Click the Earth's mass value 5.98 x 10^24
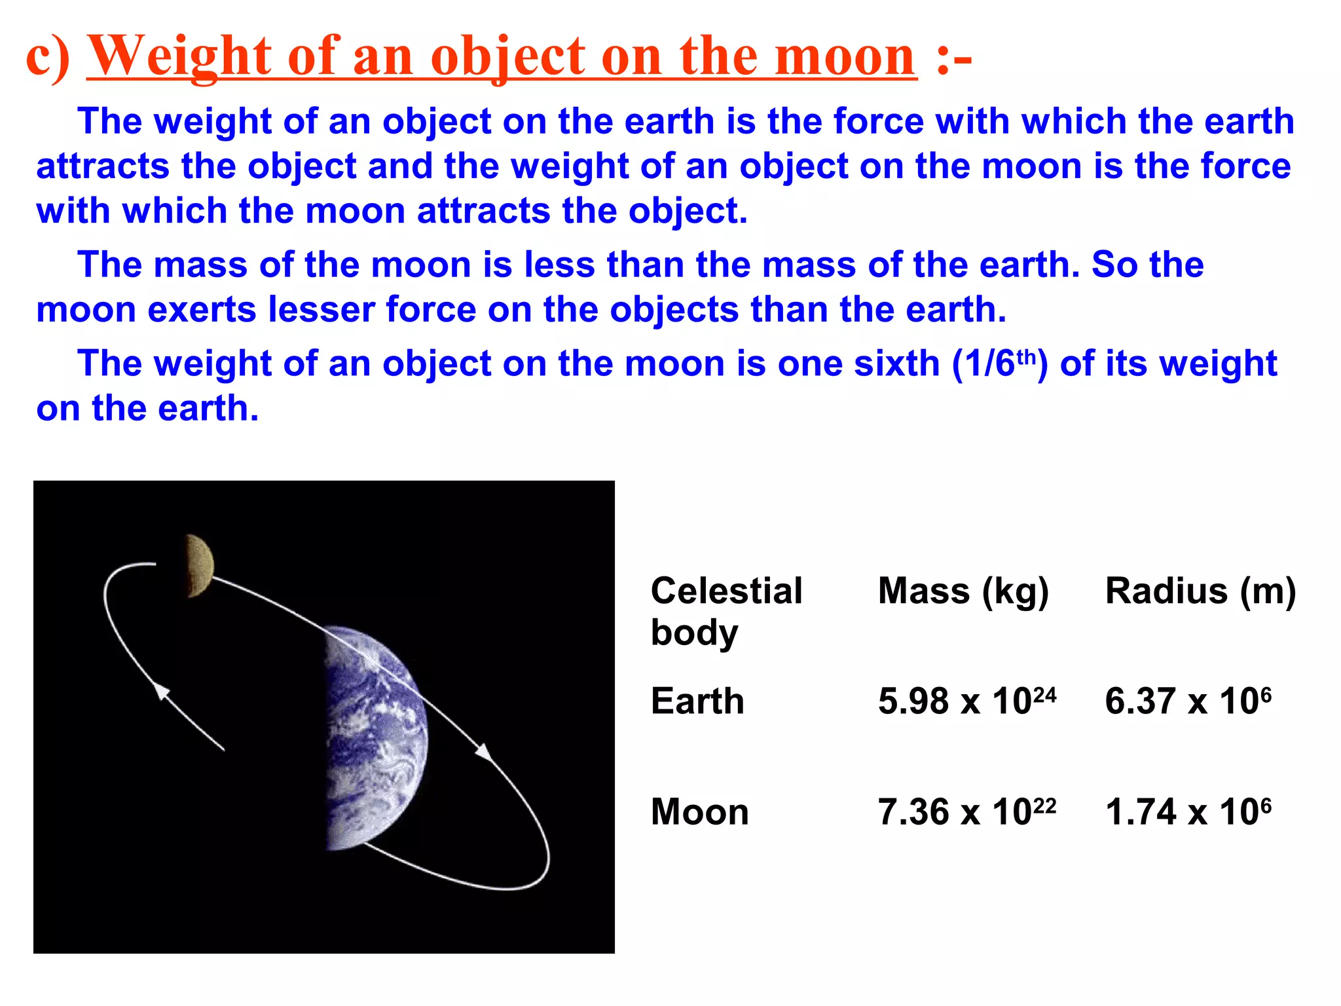pos(966,701)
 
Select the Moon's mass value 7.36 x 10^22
pos(966,812)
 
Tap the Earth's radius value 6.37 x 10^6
pos(1188,701)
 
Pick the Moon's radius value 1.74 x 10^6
pos(1188,812)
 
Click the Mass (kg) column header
pos(963,591)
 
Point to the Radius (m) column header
pos(1200,591)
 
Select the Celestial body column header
pos(726,612)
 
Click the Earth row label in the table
pos(697,701)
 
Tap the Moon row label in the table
pos(699,812)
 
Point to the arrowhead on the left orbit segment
pos(161,692)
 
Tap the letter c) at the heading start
pos(47,57)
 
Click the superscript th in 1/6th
pos(1027,356)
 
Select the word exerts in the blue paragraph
pos(202,310)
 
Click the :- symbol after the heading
pos(953,57)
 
